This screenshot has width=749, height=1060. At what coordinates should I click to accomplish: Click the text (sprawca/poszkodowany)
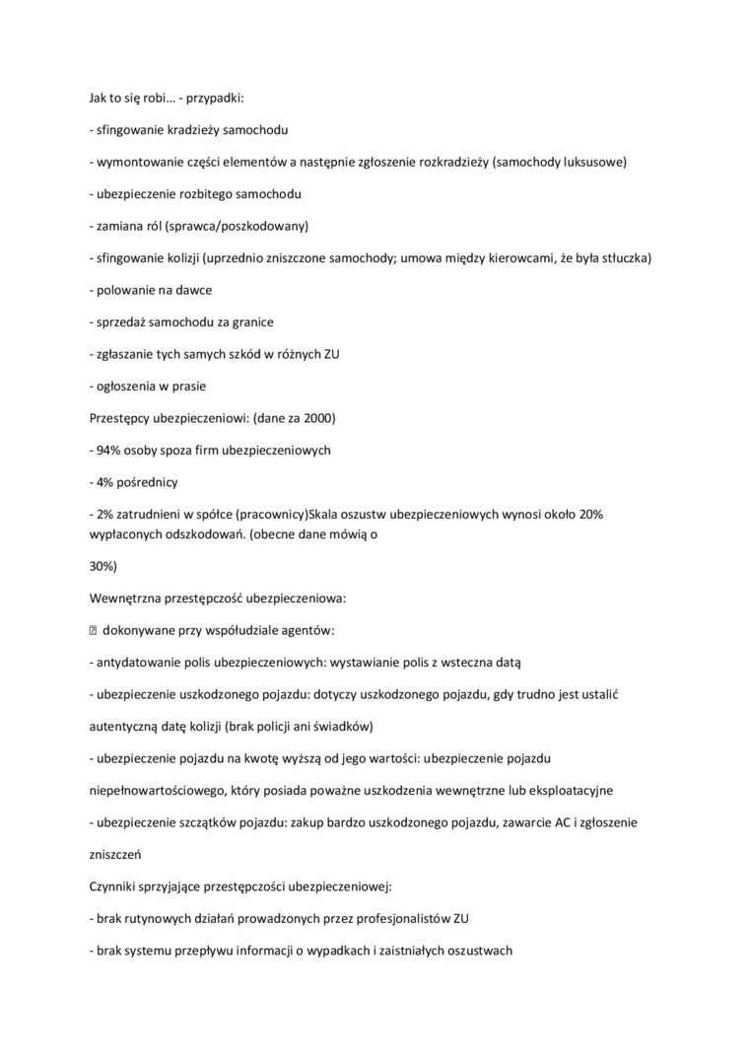(x=238, y=226)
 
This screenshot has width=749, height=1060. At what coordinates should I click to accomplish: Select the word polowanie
(x=125, y=290)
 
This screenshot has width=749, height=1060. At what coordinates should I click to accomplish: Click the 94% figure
(x=109, y=450)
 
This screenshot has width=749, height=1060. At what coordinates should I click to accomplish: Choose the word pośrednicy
(x=150, y=482)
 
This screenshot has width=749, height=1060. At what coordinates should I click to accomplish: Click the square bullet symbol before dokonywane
(x=94, y=631)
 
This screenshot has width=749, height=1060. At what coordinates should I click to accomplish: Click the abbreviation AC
(x=525, y=821)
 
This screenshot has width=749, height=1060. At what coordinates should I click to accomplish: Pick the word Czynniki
(x=115, y=886)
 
